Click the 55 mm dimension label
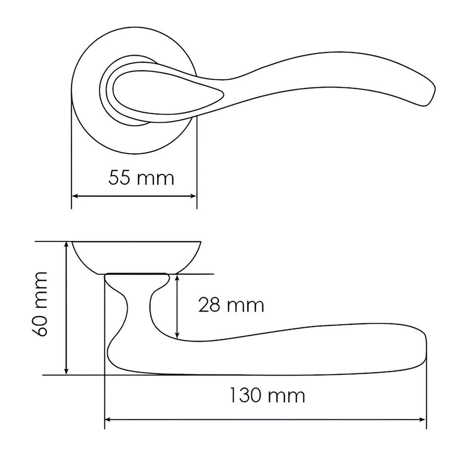coord(141,178)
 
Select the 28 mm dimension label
coord(231,306)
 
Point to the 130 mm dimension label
coord(267,395)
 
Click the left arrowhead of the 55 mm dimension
coord(75,196)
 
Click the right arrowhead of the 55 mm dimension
coord(193,196)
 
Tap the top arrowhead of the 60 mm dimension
coord(66,245)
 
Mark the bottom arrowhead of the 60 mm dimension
coord(66,371)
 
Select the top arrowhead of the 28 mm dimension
coord(177,278)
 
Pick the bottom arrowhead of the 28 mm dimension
coord(177,335)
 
